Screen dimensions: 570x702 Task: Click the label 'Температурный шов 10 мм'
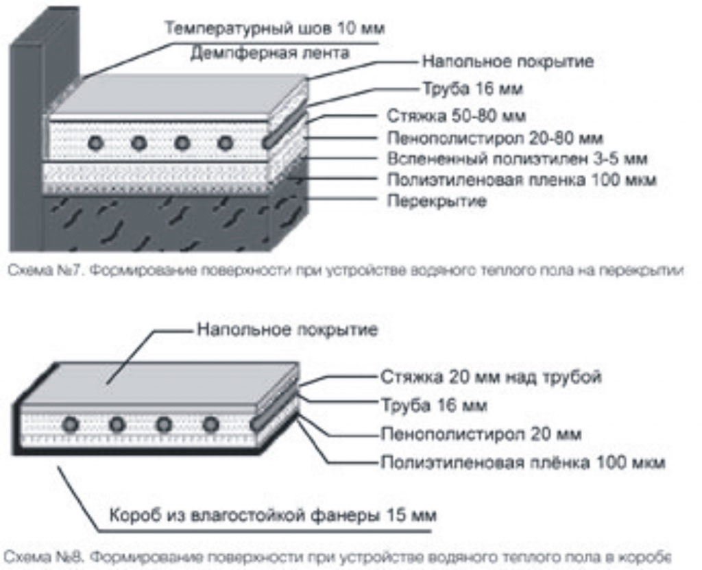(x=275, y=29)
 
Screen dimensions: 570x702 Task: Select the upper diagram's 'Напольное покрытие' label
(x=507, y=62)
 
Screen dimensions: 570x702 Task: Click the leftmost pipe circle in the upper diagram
(x=96, y=142)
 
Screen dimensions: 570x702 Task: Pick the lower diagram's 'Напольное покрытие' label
(x=287, y=330)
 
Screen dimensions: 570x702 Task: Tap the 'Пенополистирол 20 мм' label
(x=481, y=434)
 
